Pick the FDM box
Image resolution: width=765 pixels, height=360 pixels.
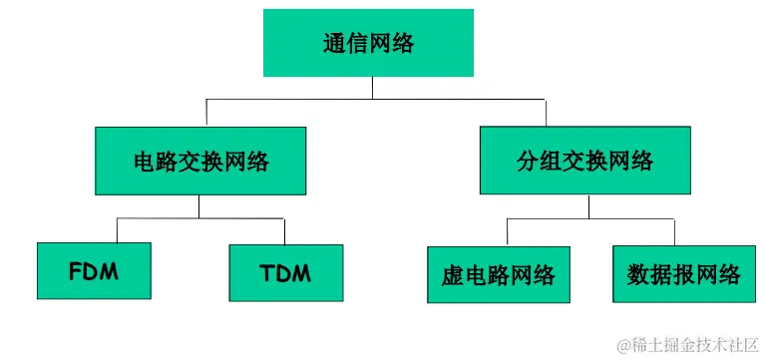coord(94,271)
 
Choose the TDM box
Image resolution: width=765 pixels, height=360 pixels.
coord(285,271)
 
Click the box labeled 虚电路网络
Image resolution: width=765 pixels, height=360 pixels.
coord(498,274)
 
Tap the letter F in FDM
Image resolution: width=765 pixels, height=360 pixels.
coord(75,272)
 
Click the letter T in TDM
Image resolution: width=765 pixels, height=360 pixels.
coord(266,272)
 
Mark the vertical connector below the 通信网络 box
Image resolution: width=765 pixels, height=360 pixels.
coord(372,88)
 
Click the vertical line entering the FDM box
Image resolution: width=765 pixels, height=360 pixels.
coord(118,230)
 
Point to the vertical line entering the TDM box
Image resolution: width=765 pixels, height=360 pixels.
coord(285,230)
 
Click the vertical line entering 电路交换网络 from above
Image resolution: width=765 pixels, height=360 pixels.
coord(205,113)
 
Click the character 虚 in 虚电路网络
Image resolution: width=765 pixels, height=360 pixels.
coord(452,275)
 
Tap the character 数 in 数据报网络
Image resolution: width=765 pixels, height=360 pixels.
coord(638,275)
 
